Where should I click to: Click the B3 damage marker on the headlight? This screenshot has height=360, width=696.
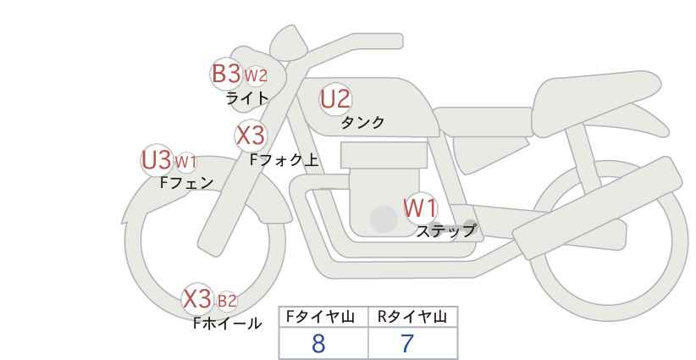tap(226, 73)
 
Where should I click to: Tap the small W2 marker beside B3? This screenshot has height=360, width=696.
tap(256, 76)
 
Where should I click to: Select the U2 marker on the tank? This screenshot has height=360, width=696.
tap(335, 99)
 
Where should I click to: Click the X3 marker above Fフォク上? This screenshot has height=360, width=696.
tap(251, 136)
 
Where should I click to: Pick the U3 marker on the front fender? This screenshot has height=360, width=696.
tap(157, 160)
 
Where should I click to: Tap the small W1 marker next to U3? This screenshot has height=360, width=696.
tap(185, 163)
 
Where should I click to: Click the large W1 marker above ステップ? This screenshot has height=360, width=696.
tap(420, 208)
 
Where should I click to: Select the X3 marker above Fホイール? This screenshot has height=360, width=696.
tap(197, 299)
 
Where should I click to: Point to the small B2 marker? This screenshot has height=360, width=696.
tap(227, 302)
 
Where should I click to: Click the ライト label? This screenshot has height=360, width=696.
tap(247, 98)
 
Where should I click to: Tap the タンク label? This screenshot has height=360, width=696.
tap(362, 122)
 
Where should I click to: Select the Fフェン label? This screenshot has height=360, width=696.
tap(187, 182)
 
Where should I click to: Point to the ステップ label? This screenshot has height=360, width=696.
tap(445, 231)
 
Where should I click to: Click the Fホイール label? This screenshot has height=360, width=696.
tap(228, 324)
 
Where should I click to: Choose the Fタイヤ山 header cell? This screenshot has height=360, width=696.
tap(323, 317)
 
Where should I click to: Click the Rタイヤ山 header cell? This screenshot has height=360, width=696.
tap(413, 317)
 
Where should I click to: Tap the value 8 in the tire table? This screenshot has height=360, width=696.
tap(318, 344)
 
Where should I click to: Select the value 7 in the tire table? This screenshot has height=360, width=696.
tap(406, 344)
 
